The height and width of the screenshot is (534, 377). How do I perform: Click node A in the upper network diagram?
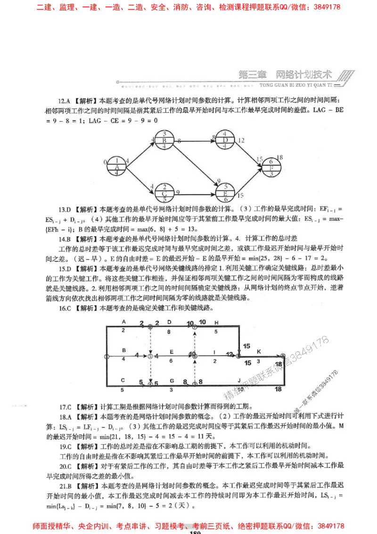click(116, 167)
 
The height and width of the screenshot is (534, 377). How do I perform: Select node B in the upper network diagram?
click(164, 141)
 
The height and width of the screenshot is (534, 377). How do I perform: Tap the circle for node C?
click(164, 193)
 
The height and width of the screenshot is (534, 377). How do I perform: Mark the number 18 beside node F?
click(280, 158)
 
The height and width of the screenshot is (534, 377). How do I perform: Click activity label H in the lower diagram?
click(217, 322)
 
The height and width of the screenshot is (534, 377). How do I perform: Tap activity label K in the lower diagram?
click(258, 352)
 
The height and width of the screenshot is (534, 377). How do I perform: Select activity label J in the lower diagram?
click(239, 380)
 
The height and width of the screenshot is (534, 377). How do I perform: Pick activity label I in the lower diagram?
click(214, 352)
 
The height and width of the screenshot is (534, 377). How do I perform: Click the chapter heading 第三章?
click(253, 75)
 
